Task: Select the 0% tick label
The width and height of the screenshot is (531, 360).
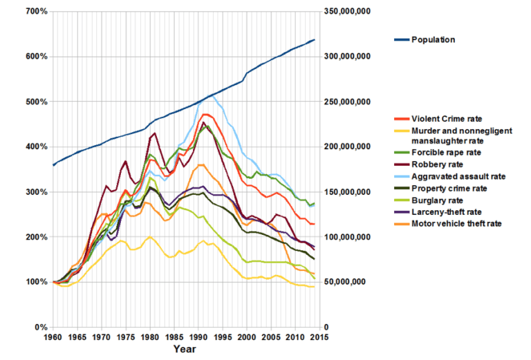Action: (41, 327)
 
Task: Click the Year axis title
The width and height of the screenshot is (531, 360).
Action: (184, 350)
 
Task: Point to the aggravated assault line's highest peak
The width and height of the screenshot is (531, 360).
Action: (213, 96)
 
